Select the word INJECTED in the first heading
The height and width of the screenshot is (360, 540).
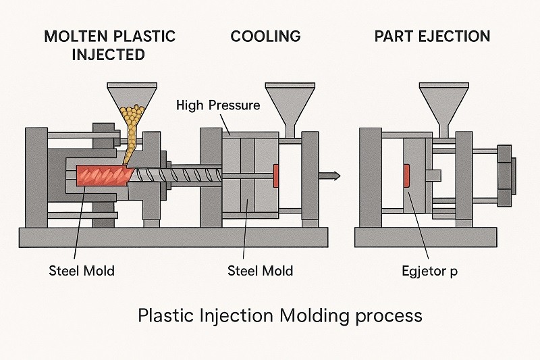(x=109, y=55)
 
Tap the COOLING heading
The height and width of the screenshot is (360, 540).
(x=265, y=36)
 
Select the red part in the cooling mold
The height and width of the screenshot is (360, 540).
(x=276, y=176)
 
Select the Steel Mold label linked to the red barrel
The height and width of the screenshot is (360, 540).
(x=82, y=271)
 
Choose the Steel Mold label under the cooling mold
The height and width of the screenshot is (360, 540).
(x=261, y=271)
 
